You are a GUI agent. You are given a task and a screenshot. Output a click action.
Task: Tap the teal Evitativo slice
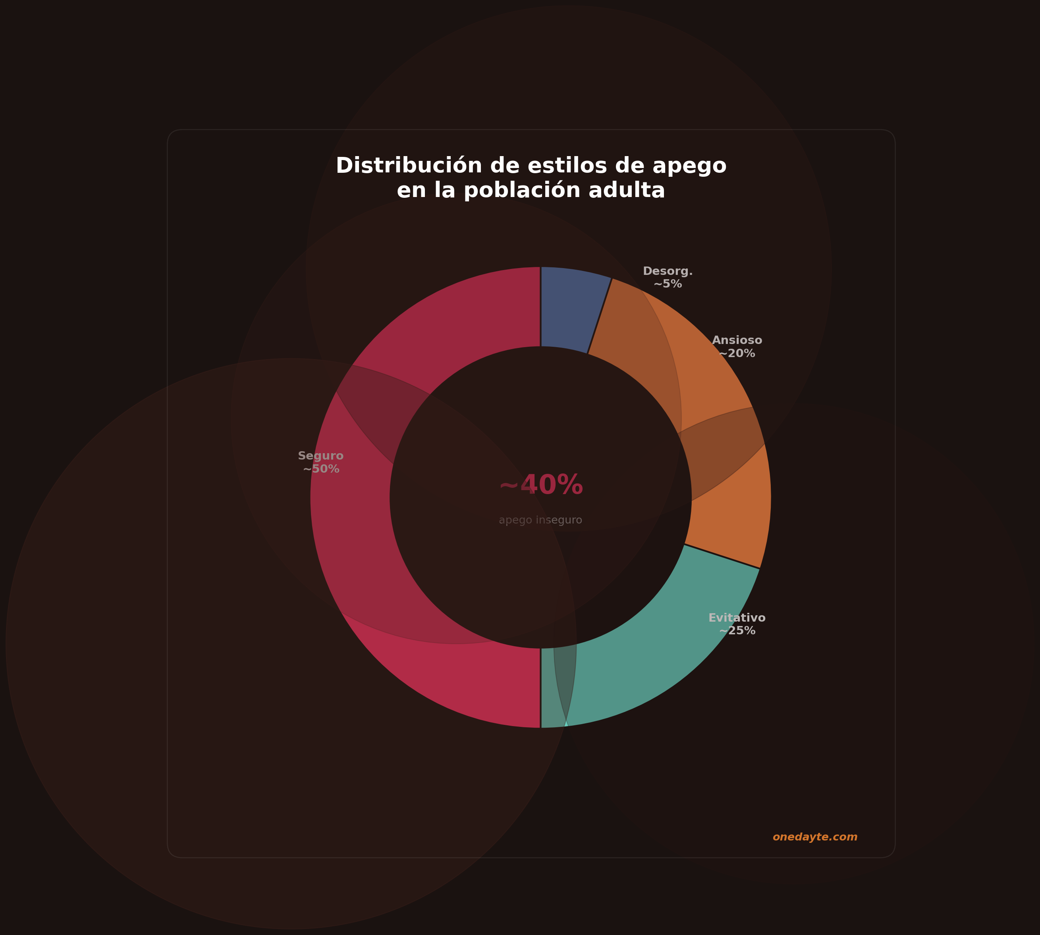pyautogui.click(x=662, y=647)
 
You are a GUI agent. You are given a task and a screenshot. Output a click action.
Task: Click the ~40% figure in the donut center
pyautogui.click(x=541, y=485)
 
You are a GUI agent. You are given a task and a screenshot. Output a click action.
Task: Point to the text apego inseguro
pyautogui.click(x=540, y=520)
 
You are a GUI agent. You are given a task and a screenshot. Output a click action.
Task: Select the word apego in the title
pyautogui.click(x=689, y=166)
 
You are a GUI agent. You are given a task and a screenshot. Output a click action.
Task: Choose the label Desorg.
pyautogui.click(x=668, y=271)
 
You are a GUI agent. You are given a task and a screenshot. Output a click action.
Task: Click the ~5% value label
pyautogui.click(x=668, y=284)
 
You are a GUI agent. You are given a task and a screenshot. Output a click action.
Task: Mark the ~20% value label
pyautogui.click(x=737, y=354)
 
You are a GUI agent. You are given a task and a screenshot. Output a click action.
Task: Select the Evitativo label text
pyautogui.click(x=737, y=618)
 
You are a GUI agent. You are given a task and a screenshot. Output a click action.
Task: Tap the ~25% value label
pyautogui.click(x=737, y=631)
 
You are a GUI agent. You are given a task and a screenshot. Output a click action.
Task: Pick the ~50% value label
pyautogui.click(x=321, y=469)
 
